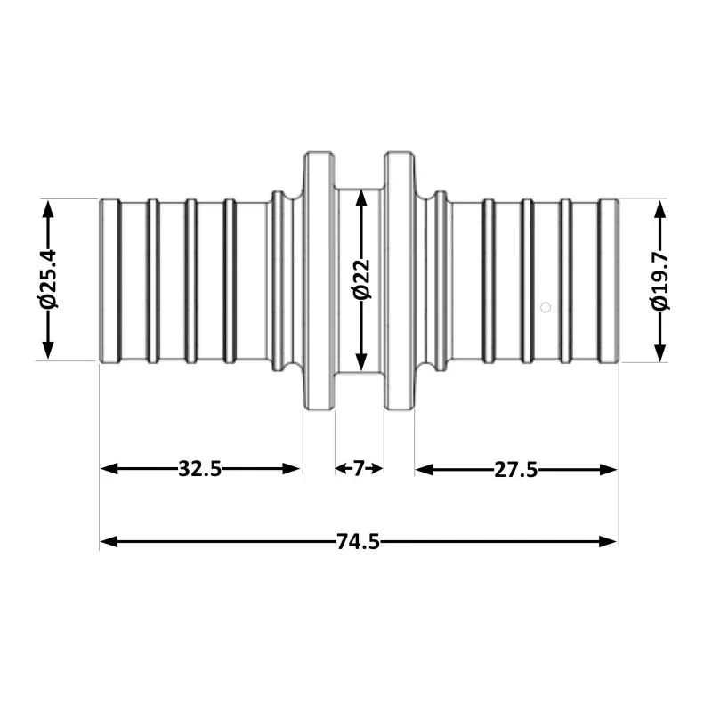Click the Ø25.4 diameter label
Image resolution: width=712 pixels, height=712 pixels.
(49, 279)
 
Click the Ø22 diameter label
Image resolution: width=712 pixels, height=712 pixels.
(360, 279)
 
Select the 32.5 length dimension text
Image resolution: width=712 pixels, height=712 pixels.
(199, 470)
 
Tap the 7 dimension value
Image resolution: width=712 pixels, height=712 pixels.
(359, 470)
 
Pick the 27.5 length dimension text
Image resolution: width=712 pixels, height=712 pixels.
(515, 470)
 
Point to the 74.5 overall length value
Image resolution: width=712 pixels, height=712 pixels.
(358, 541)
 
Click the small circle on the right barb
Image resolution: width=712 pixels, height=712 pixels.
(546, 307)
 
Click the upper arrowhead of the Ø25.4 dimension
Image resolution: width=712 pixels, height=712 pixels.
(49, 207)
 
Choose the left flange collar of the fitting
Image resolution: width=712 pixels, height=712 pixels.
(318, 280)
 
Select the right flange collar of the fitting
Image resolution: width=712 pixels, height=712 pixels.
(399, 280)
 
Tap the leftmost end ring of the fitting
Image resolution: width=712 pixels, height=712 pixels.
(109, 280)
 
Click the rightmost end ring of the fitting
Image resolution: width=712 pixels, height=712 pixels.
(609, 280)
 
